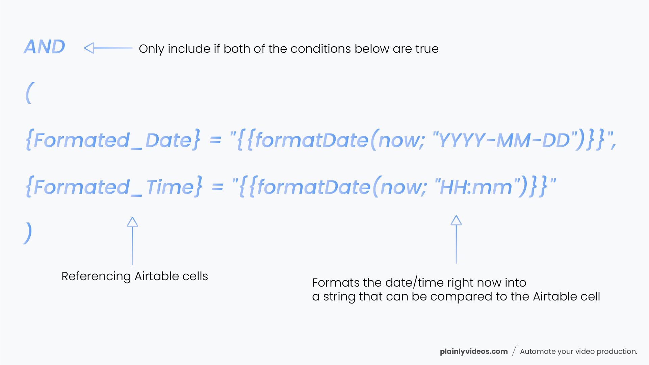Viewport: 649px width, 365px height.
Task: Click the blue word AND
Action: [44, 47]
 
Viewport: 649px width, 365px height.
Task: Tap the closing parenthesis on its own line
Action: [28, 233]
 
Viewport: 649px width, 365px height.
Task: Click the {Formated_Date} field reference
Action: [113, 140]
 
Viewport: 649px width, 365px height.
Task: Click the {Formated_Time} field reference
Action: [114, 187]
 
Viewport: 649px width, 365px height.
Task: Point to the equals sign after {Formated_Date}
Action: [215, 140]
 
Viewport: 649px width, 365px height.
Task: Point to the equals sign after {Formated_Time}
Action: [217, 187]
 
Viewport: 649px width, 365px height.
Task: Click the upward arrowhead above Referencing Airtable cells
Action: [132, 222]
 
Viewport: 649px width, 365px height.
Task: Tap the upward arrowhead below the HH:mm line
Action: [456, 220]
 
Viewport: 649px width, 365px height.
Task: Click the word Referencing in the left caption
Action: [96, 276]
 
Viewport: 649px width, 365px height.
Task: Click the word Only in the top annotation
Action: [151, 49]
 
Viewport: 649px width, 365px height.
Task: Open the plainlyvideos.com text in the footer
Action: [473, 351]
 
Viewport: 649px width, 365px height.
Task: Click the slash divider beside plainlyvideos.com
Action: [514, 351]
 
